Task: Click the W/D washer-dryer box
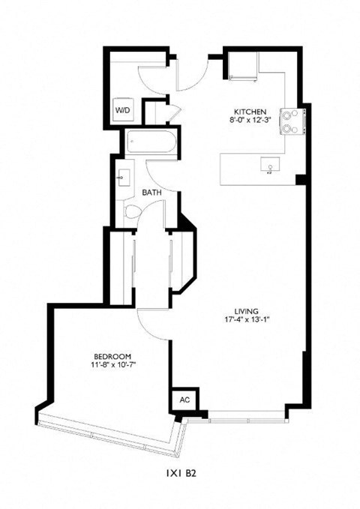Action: point(122,110)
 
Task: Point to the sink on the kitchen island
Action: point(267,164)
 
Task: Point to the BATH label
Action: point(153,193)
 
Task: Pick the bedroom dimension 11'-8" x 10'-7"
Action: point(113,365)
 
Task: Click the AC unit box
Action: point(184,400)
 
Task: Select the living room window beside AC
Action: point(239,414)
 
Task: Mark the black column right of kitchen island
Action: point(300,178)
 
